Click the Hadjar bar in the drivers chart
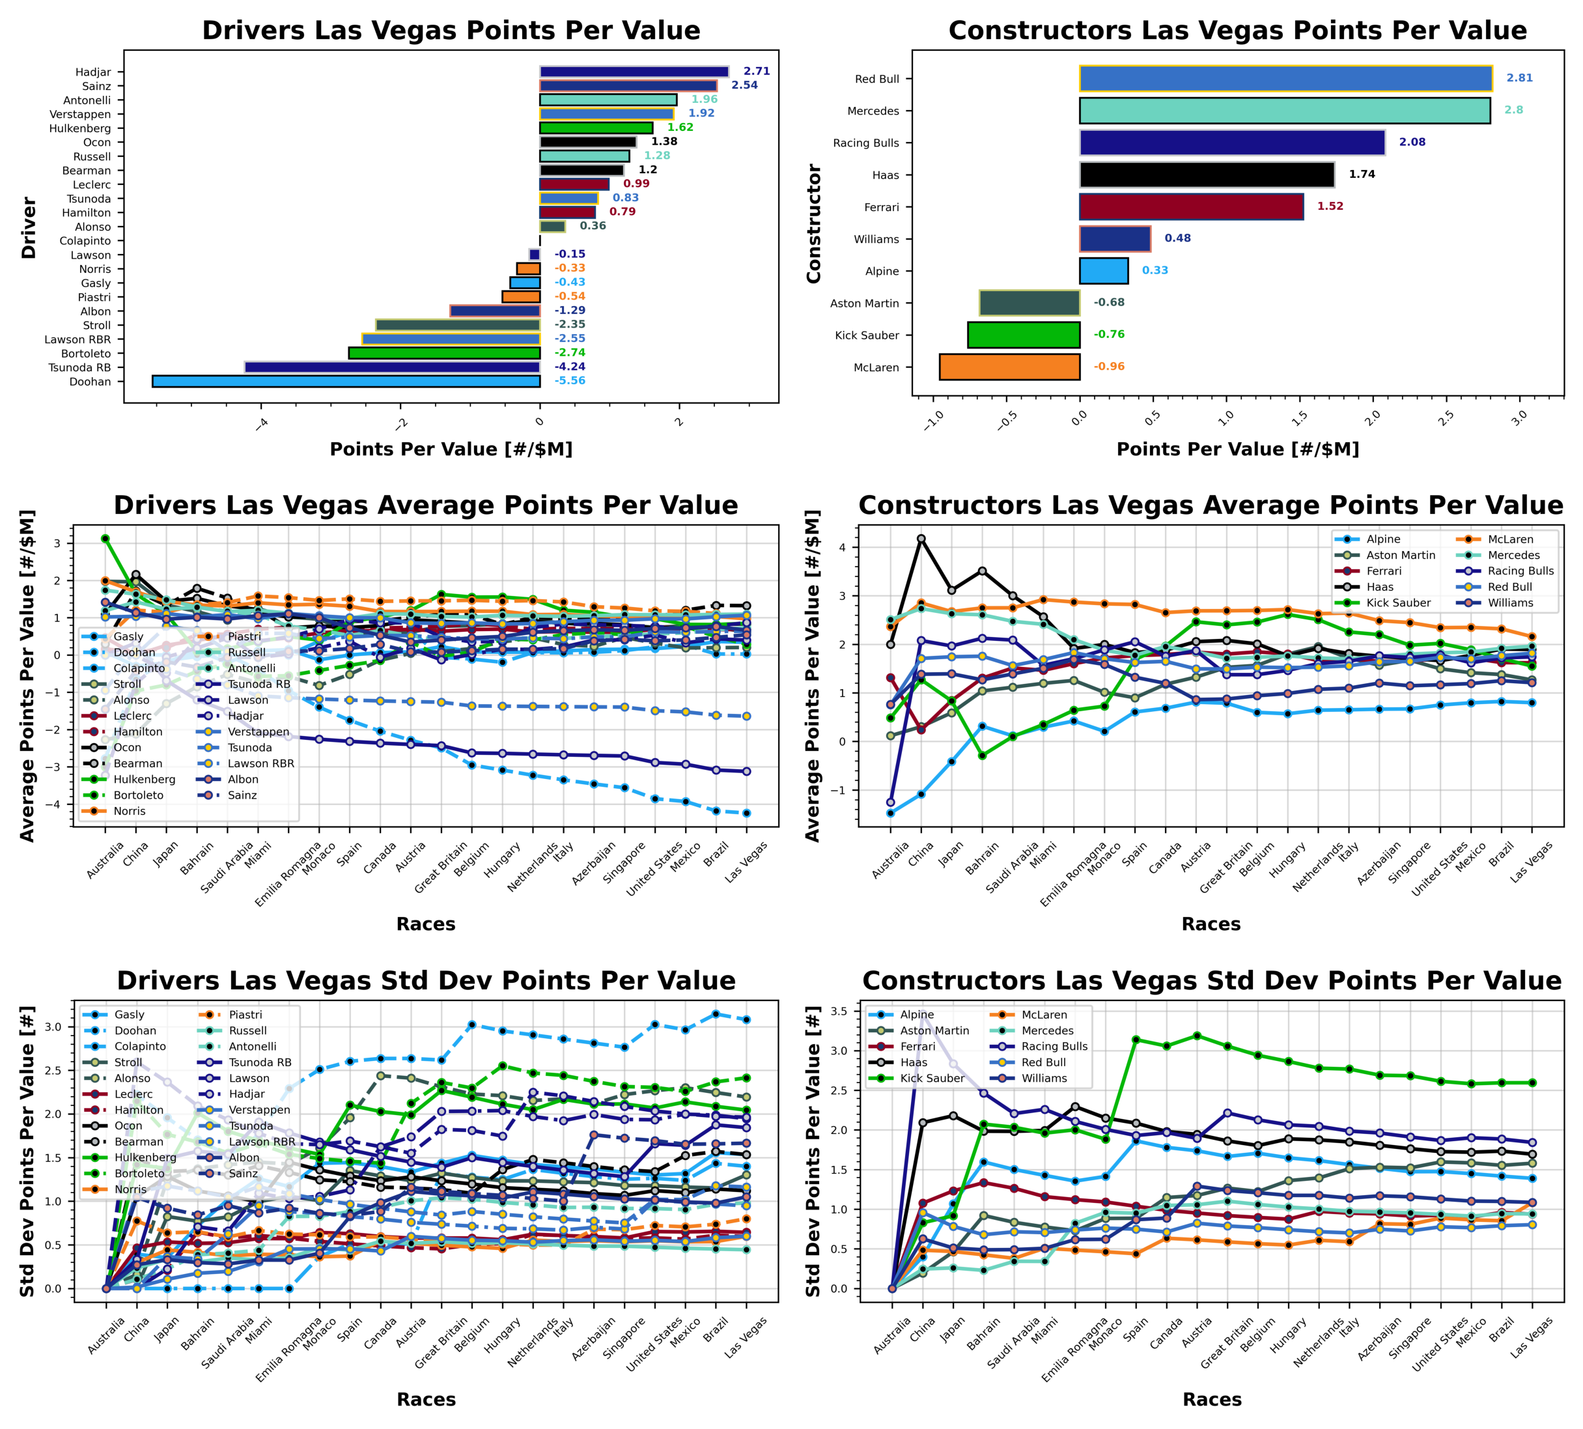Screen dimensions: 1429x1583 634,72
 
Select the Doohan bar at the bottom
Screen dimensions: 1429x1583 345,382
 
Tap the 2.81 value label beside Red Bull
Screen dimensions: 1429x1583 1519,78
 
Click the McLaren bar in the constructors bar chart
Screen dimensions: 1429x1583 1009,367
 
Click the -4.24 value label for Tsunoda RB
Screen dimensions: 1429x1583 570,367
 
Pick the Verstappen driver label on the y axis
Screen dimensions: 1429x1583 80,115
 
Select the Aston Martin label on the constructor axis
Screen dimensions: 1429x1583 864,303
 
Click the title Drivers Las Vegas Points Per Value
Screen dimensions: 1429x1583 451,31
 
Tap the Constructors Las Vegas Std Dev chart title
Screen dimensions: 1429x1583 1211,981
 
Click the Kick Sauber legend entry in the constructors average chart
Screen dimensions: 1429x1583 1398,603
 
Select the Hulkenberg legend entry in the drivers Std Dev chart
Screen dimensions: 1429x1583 145,1157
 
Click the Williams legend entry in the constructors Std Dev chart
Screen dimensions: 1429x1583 1044,1078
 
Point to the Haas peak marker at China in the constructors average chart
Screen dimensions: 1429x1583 921,539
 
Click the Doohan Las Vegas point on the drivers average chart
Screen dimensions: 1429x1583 746,814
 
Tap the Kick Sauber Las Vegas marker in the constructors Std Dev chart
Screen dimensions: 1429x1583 1531,1082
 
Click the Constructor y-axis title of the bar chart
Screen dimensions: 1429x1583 813,224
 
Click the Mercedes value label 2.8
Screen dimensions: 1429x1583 1513,110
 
